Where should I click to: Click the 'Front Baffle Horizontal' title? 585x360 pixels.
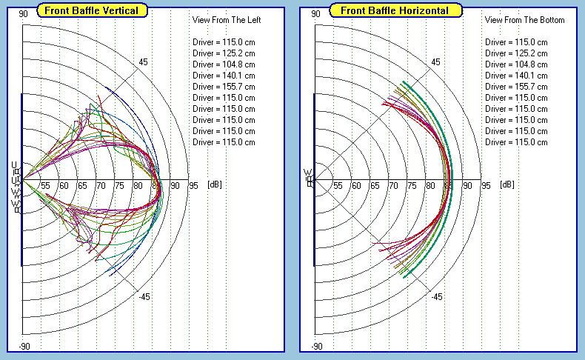pyautogui.click(x=395, y=10)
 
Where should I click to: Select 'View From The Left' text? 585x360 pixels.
pyautogui.click(x=227, y=20)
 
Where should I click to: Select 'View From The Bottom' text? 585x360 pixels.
pyautogui.click(x=524, y=20)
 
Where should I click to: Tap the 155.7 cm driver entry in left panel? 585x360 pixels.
pyautogui.click(x=224, y=87)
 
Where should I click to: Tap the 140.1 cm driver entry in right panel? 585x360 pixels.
pyautogui.click(x=516, y=76)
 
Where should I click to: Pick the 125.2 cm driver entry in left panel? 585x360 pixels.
pyautogui.click(x=224, y=53)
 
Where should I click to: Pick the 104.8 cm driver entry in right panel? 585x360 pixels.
pyautogui.click(x=516, y=64)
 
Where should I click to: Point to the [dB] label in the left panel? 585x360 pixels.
pyautogui.click(x=215, y=184)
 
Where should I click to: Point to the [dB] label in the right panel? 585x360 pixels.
pyautogui.click(x=507, y=184)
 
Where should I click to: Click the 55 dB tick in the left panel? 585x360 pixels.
pyautogui.click(x=45, y=186)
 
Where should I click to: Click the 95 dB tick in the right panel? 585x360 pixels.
pyautogui.click(x=486, y=186)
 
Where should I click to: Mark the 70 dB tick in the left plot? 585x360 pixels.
pyautogui.click(x=101, y=186)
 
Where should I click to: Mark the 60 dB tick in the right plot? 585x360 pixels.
pyautogui.click(x=356, y=186)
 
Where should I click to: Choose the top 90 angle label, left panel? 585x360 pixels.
pyautogui.click(x=24, y=13)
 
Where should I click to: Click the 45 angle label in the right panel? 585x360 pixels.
pyautogui.click(x=436, y=62)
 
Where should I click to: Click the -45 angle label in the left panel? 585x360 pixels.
pyautogui.click(x=144, y=296)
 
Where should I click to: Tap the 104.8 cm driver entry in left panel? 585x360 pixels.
pyautogui.click(x=224, y=64)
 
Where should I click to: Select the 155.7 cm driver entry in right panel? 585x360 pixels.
pyautogui.click(x=516, y=87)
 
